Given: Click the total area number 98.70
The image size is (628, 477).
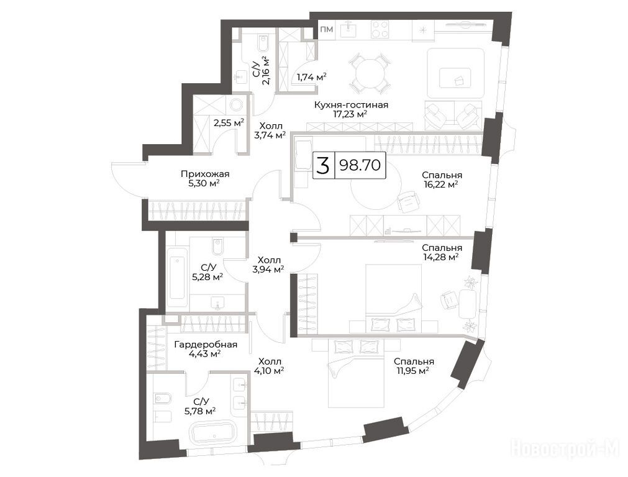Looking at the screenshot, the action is point(360,165).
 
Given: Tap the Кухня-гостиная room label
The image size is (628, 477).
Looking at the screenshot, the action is point(351,105).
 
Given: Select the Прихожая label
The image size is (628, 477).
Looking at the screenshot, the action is point(205,175).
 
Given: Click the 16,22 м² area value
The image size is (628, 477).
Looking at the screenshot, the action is point(441,184).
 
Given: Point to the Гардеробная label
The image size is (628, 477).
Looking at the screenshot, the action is point(206,345).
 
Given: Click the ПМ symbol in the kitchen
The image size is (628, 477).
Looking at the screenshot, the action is point(327,29).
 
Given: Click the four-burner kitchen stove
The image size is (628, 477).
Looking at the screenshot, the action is point(380,29).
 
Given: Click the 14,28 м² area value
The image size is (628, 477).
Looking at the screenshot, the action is point(440,257).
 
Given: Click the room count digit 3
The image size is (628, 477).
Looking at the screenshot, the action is point(323,165).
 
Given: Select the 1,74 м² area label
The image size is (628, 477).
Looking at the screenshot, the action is point(311,77).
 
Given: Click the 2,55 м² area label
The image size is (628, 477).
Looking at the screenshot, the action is point(229,123).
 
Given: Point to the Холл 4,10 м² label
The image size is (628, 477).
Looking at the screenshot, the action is point(269,366).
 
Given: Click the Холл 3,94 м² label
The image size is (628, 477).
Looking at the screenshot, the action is point(268,265).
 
